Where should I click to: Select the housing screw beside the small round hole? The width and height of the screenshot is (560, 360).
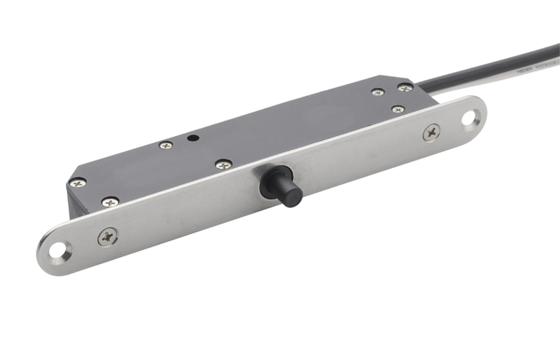point(165,145)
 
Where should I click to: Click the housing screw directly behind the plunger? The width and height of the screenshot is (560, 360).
point(223,165)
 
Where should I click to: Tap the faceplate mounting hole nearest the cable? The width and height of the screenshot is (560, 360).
point(468,117)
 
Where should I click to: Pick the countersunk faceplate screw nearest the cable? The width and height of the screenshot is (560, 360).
point(432,131)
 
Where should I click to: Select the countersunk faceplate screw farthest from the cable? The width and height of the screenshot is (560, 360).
point(108,237)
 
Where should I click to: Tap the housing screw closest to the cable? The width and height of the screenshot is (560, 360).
point(405,88)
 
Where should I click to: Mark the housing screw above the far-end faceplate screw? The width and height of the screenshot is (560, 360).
point(110,202)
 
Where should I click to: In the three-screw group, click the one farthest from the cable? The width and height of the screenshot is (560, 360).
point(378,92)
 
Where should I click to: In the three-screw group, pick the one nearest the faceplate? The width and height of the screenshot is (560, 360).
point(398,109)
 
